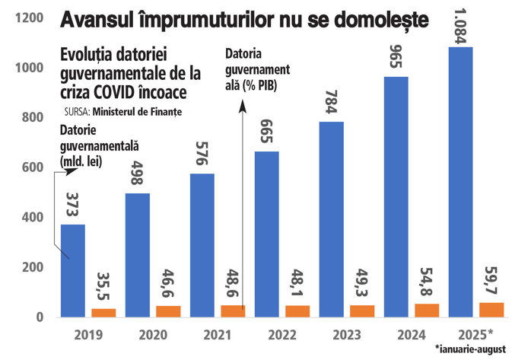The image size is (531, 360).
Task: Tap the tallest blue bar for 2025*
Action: coord(461,182)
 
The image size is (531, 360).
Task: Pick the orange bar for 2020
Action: coord(167,311)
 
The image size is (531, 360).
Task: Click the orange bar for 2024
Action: coord(427,310)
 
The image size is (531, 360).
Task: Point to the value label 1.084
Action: coord(461,26)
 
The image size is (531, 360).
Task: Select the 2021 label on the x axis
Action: coord(217,335)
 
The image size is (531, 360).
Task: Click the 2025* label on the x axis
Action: coord(478,335)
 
